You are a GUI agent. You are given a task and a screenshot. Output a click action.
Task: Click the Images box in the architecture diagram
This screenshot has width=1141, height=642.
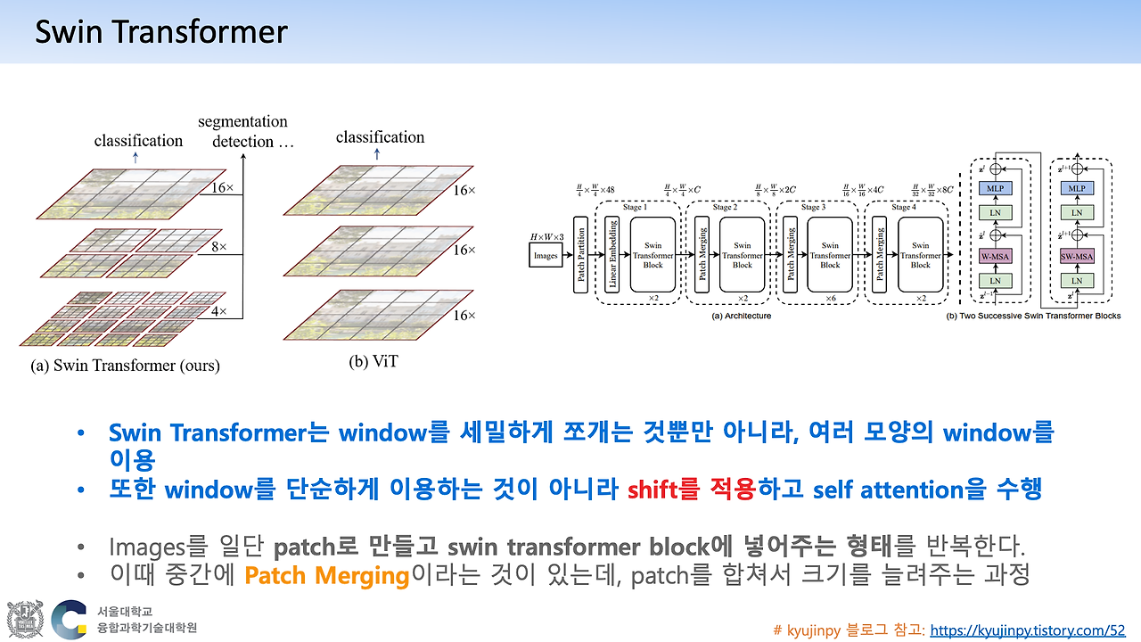546,255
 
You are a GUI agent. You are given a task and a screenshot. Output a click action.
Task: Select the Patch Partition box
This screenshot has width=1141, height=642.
581,254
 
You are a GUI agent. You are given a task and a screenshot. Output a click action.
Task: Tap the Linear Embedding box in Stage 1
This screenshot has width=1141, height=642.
612,254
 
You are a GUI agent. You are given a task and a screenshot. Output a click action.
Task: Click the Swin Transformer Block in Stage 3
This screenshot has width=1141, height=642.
831,254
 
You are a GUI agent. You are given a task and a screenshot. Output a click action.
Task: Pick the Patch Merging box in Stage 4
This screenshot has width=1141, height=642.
880,254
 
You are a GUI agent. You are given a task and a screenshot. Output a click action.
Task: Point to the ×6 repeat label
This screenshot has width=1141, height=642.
831,298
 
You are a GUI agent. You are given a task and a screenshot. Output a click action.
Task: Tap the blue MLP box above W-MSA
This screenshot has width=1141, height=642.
995,189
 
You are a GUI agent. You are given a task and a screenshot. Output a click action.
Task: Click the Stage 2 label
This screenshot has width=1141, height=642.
723,208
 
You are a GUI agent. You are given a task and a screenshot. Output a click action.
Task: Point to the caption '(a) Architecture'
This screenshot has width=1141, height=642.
741,316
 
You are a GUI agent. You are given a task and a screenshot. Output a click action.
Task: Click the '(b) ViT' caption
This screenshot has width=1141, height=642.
373,360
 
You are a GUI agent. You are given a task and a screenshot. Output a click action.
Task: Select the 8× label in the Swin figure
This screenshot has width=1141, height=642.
218,245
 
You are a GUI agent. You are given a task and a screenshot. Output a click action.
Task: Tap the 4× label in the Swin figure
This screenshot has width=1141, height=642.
218,311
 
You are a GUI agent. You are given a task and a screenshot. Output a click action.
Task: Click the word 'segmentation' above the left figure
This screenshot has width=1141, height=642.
242,121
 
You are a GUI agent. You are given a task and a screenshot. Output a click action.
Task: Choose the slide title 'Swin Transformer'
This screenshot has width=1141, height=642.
161,33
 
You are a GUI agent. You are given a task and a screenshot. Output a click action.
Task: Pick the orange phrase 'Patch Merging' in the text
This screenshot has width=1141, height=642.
326,575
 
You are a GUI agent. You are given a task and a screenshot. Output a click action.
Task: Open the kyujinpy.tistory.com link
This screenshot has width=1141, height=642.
1028,630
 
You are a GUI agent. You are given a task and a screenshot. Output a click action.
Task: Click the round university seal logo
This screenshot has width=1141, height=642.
25,619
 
